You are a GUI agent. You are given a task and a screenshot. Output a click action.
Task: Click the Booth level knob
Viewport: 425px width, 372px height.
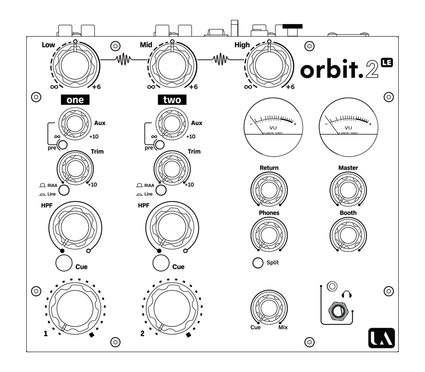(348, 234)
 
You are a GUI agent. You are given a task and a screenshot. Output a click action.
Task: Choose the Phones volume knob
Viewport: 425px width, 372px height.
(269, 234)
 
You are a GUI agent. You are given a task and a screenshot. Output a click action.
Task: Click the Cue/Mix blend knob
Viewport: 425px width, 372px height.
(269, 307)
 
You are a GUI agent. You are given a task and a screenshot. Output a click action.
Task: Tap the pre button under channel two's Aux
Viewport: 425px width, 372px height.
(159, 145)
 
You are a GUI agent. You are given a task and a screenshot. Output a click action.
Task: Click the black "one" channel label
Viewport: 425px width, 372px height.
(75, 100)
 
